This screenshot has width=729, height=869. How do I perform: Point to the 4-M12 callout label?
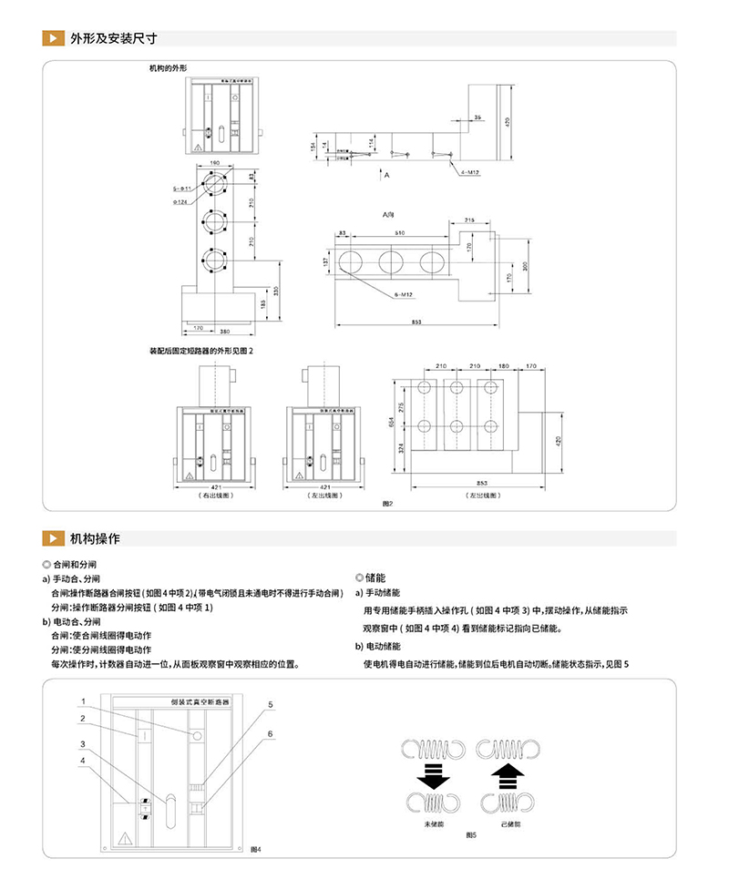tap(470, 170)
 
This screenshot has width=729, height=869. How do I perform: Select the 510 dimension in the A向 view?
tap(398, 233)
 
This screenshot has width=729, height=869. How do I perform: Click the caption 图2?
tap(386, 504)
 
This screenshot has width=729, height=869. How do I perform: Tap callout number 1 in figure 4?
tap(82, 701)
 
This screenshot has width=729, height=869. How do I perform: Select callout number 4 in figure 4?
tap(82, 760)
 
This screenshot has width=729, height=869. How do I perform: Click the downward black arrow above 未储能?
tap(434, 776)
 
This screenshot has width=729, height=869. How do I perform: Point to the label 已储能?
tap(511, 824)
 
